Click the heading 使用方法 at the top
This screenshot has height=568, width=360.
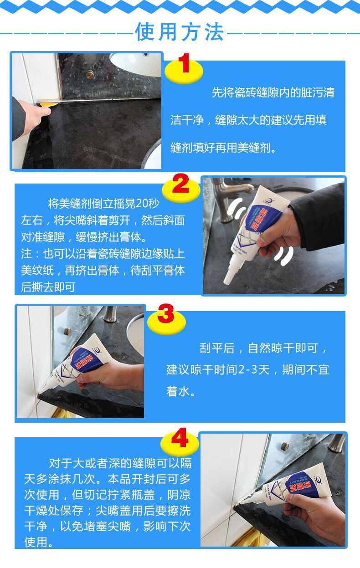pyautogui.click(x=180, y=32)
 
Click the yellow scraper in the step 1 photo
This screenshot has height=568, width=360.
pyautogui.click(x=48, y=104)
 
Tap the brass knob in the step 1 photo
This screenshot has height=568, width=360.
pyautogui.click(x=90, y=74)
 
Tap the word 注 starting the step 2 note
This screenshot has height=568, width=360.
pyautogui.click(x=26, y=254)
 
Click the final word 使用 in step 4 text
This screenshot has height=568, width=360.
pyautogui.click(x=36, y=542)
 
